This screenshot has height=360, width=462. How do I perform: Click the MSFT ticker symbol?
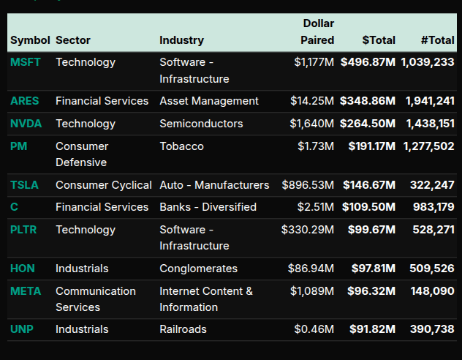tap(26, 62)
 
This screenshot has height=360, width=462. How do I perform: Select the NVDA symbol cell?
tap(26, 124)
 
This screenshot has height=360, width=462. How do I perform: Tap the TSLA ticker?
tap(25, 185)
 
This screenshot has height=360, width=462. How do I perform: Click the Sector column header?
tap(73, 40)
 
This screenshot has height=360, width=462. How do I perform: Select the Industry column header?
tap(181, 40)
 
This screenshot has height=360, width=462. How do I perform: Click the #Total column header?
tap(438, 40)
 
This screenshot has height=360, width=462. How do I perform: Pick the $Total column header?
tap(379, 40)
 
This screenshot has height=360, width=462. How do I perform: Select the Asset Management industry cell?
tap(209, 101)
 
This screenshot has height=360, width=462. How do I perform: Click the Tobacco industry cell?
tap(181, 146)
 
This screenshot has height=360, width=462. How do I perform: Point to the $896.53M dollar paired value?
tap(308, 185)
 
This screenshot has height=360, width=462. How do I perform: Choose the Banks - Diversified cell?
tap(208, 207)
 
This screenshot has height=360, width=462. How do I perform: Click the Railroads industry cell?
tap(183, 329)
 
